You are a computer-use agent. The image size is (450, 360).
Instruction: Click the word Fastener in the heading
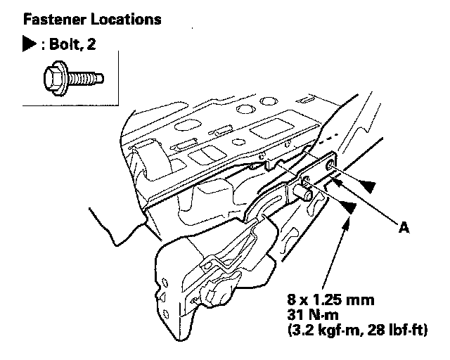(55, 19)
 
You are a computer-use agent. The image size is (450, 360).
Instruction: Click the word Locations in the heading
(126, 19)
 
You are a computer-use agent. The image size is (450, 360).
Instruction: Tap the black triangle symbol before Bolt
(30, 44)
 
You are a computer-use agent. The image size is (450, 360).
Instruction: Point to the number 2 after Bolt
(91, 44)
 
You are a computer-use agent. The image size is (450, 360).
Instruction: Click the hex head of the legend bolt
(56, 78)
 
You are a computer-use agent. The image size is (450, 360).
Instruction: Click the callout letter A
(404, 228)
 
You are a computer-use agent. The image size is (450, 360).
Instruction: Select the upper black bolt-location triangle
(368, 186)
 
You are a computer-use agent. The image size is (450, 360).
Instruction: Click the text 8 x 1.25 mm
(331, 300)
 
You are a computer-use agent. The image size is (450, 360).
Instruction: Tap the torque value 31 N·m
(313, 315)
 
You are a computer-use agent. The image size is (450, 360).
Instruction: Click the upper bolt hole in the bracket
(329, 165)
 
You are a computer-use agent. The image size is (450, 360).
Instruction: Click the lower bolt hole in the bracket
(306, 179)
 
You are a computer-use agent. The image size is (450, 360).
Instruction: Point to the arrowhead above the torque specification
(347, 223)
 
